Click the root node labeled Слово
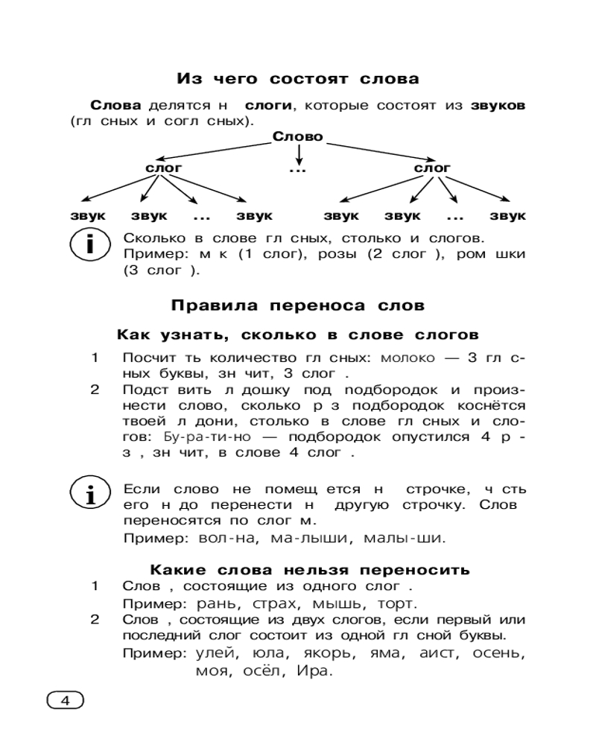pos(298,136)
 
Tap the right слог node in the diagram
pos(432,168)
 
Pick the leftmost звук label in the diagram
pos(88,216)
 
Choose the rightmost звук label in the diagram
pos(508,216)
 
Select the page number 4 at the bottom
pos(65,700)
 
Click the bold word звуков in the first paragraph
pos(498,106)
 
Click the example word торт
pos(399,603)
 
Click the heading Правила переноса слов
pos(298,305)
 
